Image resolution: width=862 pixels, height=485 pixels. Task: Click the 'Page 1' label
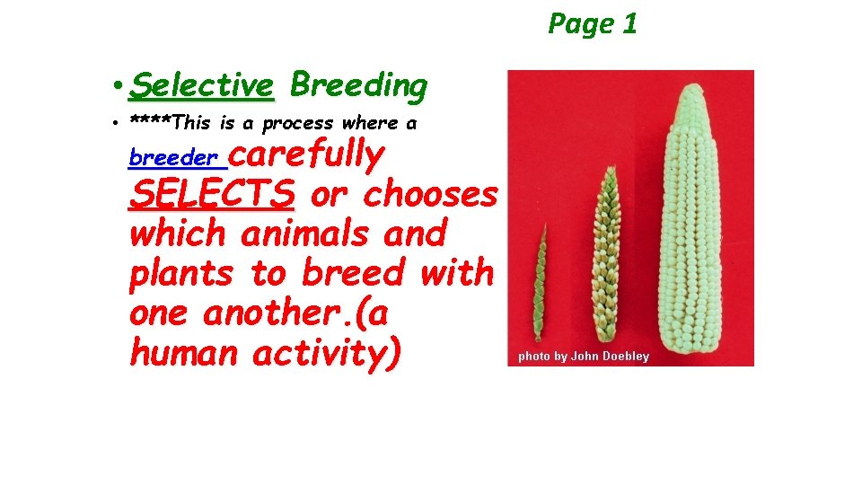[593, 23]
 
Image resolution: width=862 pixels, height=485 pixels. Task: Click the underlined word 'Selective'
[201, 86]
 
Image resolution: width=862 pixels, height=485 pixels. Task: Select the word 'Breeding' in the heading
[358, 85]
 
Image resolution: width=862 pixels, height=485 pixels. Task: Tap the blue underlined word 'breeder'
[173, 158]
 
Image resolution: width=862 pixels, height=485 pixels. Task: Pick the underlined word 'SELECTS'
[212, 193]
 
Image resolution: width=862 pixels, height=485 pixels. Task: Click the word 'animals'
[306, 234]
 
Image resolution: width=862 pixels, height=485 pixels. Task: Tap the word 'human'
[184, 353]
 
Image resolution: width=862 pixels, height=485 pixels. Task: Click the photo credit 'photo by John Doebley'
[583, 357]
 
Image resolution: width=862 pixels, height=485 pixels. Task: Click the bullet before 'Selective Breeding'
[119, 87]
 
